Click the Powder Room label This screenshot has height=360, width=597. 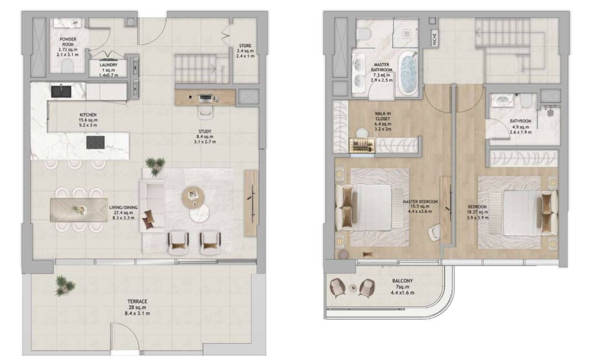click(68, 42)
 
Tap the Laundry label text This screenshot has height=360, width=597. click(108, 65)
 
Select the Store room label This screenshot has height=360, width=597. click(245, 46)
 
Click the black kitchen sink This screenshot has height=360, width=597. click(61, 92)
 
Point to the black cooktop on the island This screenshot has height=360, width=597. click(96, 142)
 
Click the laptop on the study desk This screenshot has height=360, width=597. click(206, 98)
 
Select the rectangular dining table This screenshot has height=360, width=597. click(79, 209)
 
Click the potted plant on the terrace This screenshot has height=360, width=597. click(65, 285)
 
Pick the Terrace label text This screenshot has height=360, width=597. click(138, 301)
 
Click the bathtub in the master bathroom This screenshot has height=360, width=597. click(408, 74)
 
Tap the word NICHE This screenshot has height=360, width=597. click(434, 39)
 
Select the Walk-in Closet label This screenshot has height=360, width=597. click(382, 116)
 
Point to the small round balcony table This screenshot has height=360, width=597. click(353, 288)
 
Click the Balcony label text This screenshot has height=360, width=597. click(402, 281)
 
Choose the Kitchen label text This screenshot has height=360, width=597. click(88, 115)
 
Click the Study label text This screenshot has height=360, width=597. click(205, 131)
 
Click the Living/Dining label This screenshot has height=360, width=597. click(124, 208)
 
